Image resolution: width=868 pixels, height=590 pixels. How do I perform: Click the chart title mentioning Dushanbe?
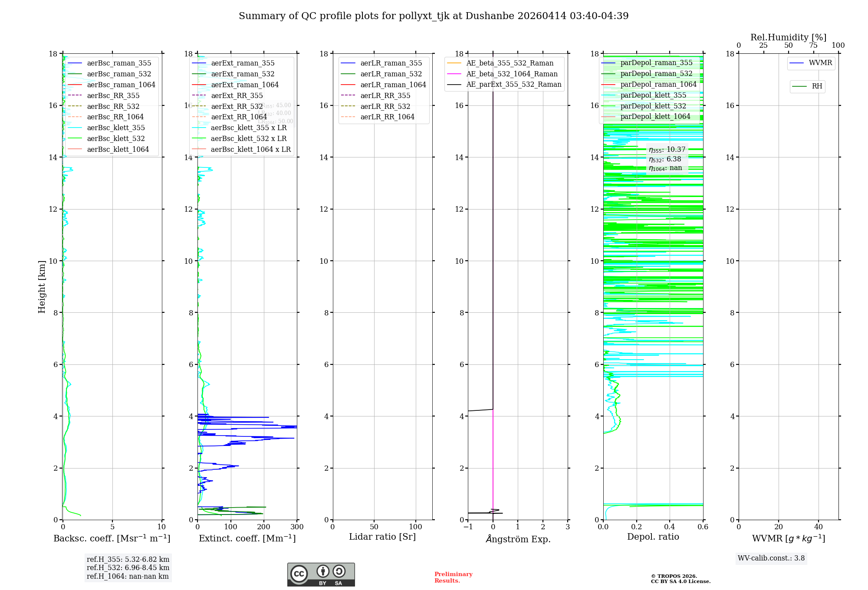tap(434, 16)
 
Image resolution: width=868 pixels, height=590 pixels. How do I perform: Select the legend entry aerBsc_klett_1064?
tap(118, 149)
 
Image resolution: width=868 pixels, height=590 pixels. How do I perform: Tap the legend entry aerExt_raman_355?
tap(243, 63)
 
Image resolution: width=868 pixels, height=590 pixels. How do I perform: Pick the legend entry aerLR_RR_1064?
tap(387, 117)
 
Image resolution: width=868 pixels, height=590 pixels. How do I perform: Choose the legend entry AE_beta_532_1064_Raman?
tap(512, 74)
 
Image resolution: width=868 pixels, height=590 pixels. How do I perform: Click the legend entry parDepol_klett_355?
tap(653, 95)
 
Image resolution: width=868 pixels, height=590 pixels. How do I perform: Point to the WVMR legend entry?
tap(820, 63)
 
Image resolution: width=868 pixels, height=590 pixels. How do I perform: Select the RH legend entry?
tap(817, 86)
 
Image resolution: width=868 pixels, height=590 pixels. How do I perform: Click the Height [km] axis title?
tap(42, 287)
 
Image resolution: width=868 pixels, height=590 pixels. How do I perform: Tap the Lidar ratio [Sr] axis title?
tap(382, 537)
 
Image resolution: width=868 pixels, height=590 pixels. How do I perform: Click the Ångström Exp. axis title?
tap(518, 539)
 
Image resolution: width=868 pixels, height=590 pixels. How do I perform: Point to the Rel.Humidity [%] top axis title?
tap(788, 37)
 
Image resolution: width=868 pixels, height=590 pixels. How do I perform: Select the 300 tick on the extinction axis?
tap(297, 527)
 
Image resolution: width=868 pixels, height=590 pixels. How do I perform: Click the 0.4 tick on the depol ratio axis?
tap(670, 527)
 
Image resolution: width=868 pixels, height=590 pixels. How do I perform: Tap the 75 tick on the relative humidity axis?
tap(813, 46)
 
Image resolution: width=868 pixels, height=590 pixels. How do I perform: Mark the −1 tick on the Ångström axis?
tap(468, 527)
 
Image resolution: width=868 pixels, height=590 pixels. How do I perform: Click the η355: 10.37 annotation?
tap(667, 150)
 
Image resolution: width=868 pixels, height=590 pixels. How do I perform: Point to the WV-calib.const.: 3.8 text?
tap(771, 558)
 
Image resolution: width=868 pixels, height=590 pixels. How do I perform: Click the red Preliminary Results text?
tap(453, 577)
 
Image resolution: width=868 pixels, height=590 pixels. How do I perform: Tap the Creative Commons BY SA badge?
tap(321, 575)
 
